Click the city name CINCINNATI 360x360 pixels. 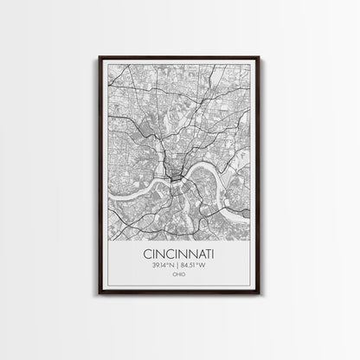coord(179,255)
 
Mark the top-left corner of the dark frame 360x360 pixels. coord(100,56)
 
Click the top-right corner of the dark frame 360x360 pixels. coord(260,56)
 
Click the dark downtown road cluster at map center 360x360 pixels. coord(176,178)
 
